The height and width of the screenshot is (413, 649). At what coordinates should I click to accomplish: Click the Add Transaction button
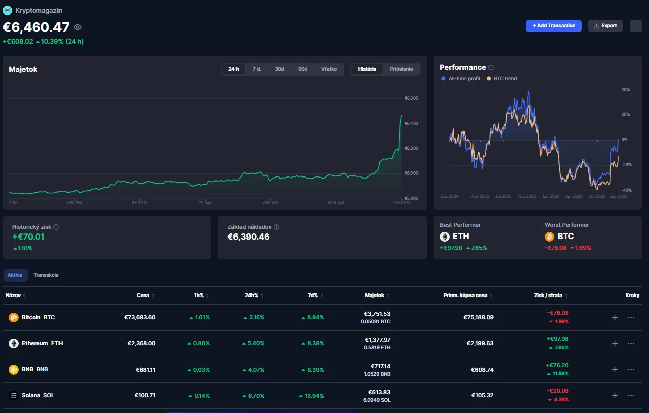pyautogui.click(x=554, y=26)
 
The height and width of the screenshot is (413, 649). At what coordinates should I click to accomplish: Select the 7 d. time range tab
pyautogui.click(x=256, y=69)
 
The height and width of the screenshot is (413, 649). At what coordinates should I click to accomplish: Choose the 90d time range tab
pyautogui.click(x=302, y=69)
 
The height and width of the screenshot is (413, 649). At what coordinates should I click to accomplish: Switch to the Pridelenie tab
pyautogui.click(x=401, y=69)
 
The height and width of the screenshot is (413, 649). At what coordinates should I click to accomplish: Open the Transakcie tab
pyautogui.click(x=46, y=275)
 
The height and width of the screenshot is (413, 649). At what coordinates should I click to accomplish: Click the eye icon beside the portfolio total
pyautogui.click(x=77, y=27)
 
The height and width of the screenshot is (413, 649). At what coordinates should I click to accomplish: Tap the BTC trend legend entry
pyautogui.click(x=502, y=79)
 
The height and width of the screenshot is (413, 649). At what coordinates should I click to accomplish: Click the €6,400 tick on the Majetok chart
pyautogui.click(x=411, y=123)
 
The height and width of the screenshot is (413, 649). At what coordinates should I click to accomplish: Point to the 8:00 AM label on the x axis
pyautogui.click(x=336, y=203)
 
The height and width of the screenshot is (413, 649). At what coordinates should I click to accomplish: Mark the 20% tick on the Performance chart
pyautogui.click(x=625, y=114)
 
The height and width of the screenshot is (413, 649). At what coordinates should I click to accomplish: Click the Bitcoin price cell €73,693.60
pyautogui.click(x=140, y=317)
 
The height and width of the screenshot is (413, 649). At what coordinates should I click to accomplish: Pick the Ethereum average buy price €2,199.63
pyautogui.click(x=480, y=343)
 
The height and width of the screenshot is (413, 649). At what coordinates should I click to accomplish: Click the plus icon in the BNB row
pyautogui.click(x=615, y=370)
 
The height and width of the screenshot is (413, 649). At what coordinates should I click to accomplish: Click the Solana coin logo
pyautogui.click(x=13, y=396)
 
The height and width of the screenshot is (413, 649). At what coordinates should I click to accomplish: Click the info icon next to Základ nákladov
pyautogui.click(x=276, y=227)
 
